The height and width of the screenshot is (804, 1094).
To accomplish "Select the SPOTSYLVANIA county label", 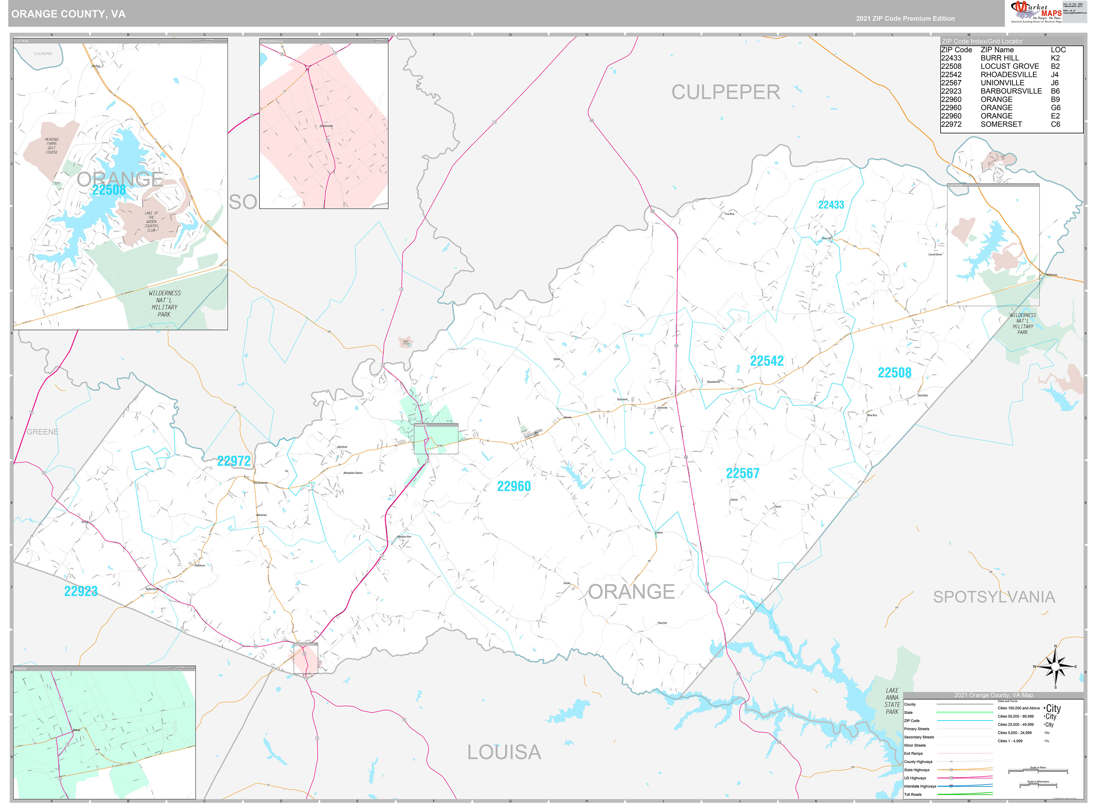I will [994, 597].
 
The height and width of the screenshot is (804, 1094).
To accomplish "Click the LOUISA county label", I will [504, 752].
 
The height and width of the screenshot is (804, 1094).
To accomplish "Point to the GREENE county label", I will [42, 432].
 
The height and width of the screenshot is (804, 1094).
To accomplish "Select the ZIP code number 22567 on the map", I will [742, 473].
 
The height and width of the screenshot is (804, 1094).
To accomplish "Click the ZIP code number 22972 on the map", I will [234, 461].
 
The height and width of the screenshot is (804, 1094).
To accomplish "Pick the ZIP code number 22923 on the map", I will [81, 591].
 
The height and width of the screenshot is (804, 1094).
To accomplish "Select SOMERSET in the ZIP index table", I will [1001, 124].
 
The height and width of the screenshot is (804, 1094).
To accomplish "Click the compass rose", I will [1055, 666].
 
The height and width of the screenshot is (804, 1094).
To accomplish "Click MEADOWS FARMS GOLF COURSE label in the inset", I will [52, 146].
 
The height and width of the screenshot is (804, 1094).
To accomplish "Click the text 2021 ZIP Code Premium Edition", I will [905, 19].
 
